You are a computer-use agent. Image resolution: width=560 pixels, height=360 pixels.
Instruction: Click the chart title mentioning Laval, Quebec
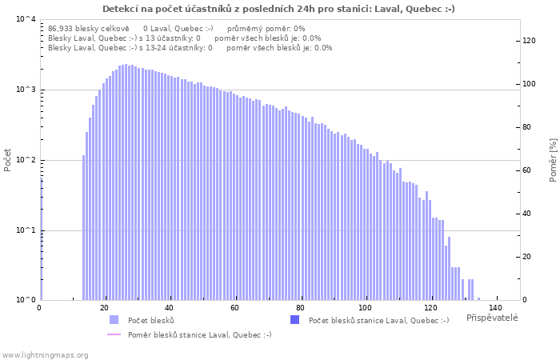click(x=279, y=9)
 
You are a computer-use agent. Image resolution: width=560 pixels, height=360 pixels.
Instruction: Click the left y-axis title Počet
click(x=8, y=159)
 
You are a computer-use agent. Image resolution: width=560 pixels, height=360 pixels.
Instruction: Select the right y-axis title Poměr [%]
click(x=553, y=159)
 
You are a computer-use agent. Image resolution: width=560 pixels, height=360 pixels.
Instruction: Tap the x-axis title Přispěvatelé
click(x=491, y=318)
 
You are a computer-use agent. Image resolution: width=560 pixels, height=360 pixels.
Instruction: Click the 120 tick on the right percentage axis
click(x=530, y=41)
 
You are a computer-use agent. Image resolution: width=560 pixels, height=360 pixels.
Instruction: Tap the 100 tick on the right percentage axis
click(x=530, y=84)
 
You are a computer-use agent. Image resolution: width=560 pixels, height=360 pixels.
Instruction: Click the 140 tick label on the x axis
click(x=495, y=308)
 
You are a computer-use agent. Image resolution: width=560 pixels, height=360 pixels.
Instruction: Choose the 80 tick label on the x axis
click(x=300, y=308)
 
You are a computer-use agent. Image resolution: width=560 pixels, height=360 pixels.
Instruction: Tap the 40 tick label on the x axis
click(x=170, y=308)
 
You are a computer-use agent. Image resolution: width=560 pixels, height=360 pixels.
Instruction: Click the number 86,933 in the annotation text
click(x=62, y=28)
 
